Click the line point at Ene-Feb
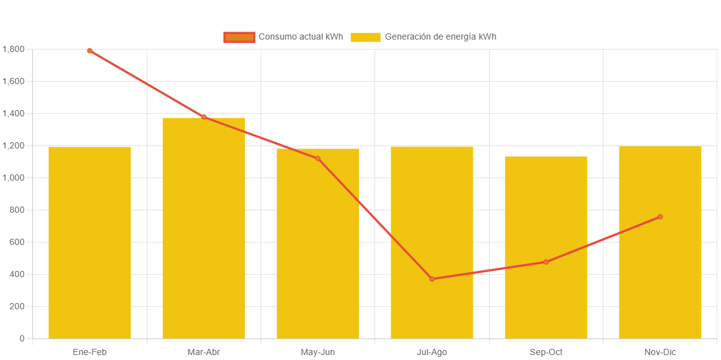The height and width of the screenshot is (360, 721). tap(90, 51)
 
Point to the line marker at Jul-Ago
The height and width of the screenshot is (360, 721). tap(432, 279)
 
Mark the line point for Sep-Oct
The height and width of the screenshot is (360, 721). tap(546, 262)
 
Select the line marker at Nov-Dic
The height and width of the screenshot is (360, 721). tap(660, 217)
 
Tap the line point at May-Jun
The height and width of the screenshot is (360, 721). tap(318, 159)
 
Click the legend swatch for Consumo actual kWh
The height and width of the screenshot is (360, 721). tap(239, 37)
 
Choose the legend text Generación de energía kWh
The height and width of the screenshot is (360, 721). tap(440, 37)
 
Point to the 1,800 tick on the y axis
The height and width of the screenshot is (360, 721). tap(13, 49)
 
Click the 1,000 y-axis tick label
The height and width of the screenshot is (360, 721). tap(13, 178)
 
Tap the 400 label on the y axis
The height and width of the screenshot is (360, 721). tap(17, 275)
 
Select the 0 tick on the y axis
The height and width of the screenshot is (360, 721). tap(22, 339)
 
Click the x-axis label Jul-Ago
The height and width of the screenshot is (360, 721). tap(432, 353)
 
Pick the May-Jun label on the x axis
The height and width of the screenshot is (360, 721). tap(318, 353)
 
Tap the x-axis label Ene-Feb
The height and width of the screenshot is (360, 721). tap(90, 353)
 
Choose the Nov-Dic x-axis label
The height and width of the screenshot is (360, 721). tap(660, 353)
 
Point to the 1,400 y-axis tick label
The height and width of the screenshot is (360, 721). tap(13, 114)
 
